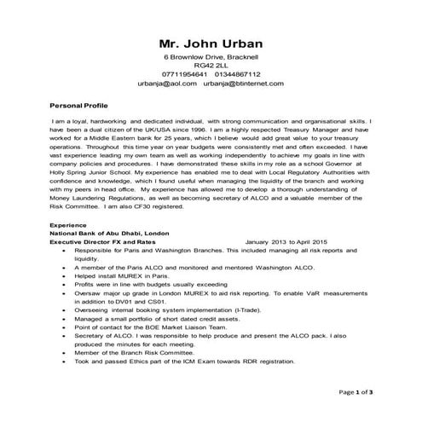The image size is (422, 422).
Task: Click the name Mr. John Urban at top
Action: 211,44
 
